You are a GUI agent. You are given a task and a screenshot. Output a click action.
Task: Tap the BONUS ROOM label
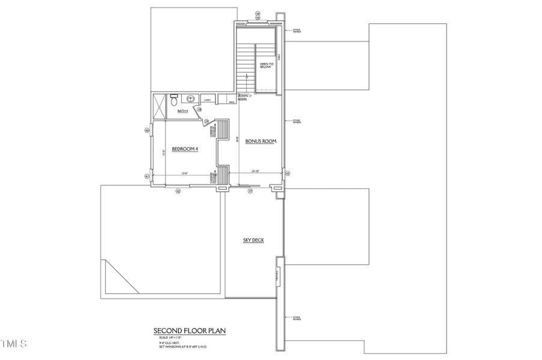pyautogui.click(x=260, y=141)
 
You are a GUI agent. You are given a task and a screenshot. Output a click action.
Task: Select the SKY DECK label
pyautogui.click(x=254, y=240)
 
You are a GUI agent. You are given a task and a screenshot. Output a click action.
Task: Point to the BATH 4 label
pyautogui.click(x=183, y=111)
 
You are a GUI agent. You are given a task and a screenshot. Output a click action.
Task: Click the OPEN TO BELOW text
pyautogui.click(x=266, y=65)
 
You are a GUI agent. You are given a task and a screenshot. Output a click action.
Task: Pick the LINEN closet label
pyautogui.click(x=207, y=100)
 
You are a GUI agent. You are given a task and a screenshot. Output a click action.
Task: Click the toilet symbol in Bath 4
pyautogui.click(x=173, y=97)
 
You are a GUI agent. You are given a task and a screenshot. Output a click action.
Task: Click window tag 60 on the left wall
pyautogui.click(x=146, y=129)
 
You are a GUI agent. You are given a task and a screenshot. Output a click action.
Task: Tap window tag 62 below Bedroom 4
pyautogui.click(x=178, y=191)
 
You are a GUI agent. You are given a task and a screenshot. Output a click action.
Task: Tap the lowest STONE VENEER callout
pyautogui.click(x=297, y=318)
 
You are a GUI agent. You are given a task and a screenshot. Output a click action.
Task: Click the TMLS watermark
pyautogui.click(x=14, y=344)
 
